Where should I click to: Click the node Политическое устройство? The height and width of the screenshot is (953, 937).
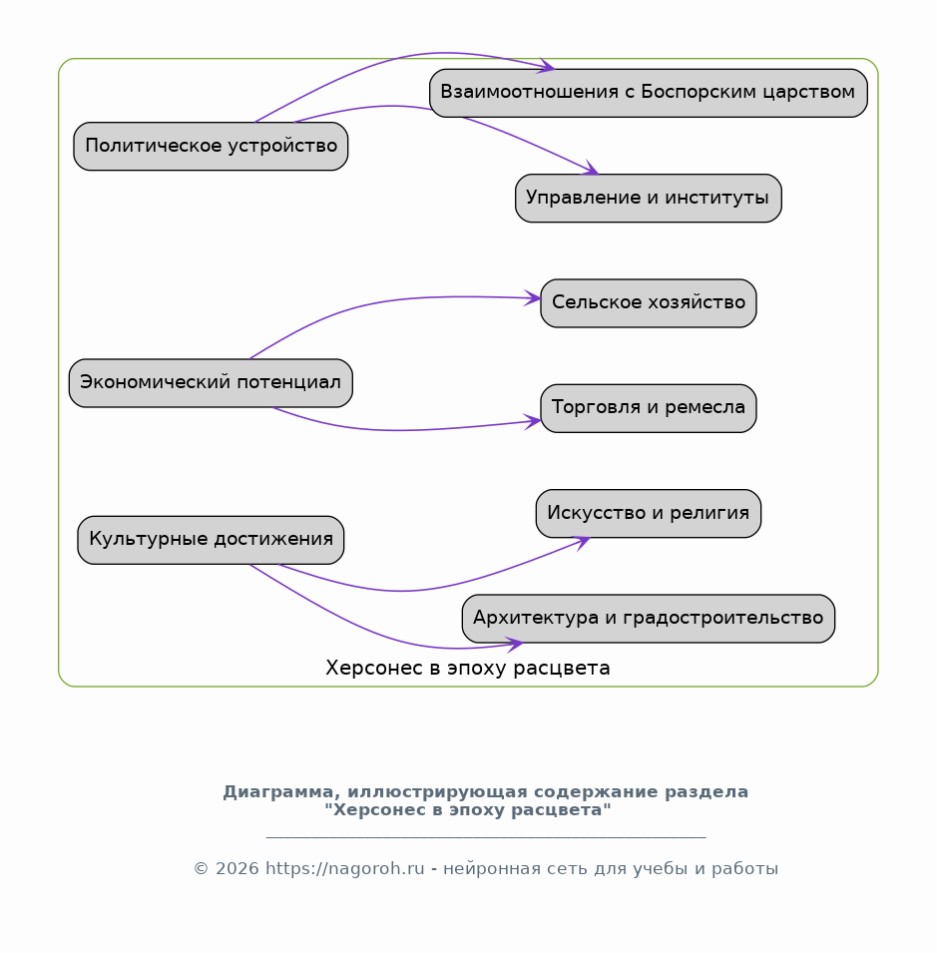click(x=211, y=147)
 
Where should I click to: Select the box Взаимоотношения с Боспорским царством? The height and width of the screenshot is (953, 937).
click(x=649, y=93)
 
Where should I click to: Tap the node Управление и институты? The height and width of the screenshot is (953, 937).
click(x=649, y=199)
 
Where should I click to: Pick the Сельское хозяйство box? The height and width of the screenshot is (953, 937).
click(x=649, y=303)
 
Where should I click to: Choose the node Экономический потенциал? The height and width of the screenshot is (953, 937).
click(x=211, y=383)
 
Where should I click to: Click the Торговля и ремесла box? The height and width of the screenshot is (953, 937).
click(x=649, y=408)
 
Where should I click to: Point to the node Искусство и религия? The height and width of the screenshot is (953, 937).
click(x=649, y=514)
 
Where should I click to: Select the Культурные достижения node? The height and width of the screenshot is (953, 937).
click(x=211, y=540)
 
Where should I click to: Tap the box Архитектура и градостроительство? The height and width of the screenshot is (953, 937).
click(x=649, y=619)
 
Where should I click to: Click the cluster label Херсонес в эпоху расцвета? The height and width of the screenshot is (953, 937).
click(x=468, y=668)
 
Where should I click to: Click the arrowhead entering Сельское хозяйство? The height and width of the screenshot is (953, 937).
click(x=533, y=297)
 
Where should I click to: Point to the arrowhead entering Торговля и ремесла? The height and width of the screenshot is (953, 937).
click(x=533, y=421)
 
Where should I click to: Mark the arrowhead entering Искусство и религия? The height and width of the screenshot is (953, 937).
click(x=583, y=542)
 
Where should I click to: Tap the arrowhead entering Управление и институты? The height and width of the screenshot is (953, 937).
click(x=591, y=169)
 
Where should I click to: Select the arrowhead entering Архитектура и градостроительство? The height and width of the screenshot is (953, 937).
click(x=515, y=644)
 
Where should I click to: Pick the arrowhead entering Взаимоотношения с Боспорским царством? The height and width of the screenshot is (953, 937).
click(x=546, y=66)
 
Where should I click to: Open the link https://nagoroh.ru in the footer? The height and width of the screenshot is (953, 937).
click(x=345, y=868)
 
